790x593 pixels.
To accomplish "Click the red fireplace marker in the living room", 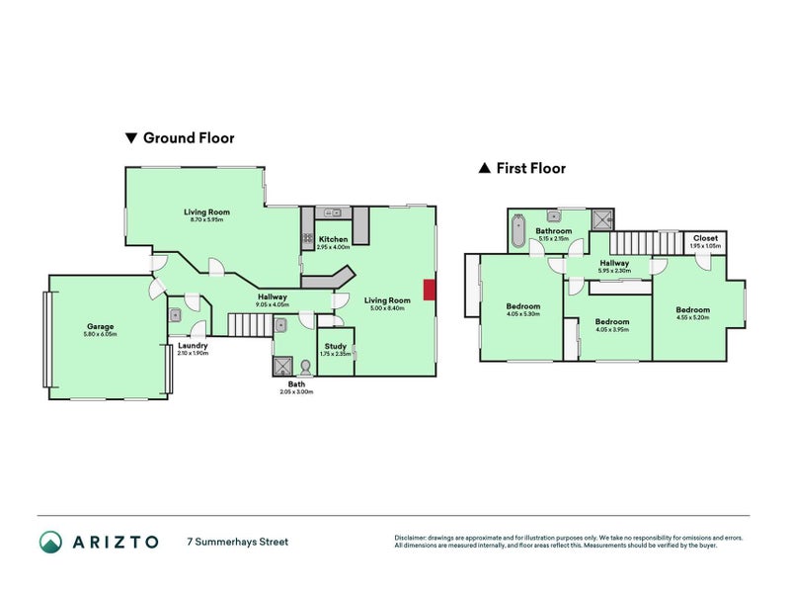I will [x=428, y=290].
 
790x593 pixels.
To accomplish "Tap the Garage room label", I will [x=100, y=326].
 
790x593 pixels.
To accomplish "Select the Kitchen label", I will [x=333, y=239].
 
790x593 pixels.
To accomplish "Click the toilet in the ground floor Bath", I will [x=305, y=366].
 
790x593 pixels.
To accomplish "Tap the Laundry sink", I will [x=175, y=315].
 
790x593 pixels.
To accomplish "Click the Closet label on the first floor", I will [x=705, y=238].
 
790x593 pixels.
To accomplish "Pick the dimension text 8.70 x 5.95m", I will [x=206, y=220].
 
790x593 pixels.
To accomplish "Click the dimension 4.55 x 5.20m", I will [x=692, y=318].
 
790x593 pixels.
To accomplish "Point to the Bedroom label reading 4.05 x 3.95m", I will [x=612, y=322].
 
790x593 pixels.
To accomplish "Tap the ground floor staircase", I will [x=248, y=324].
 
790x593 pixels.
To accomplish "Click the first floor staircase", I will [x=645, y=242].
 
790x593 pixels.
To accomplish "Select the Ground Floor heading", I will [x=189, y=138].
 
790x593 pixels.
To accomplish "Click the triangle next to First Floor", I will [x=484, y=169].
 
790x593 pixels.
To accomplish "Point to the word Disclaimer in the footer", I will [x=413, y=538].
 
